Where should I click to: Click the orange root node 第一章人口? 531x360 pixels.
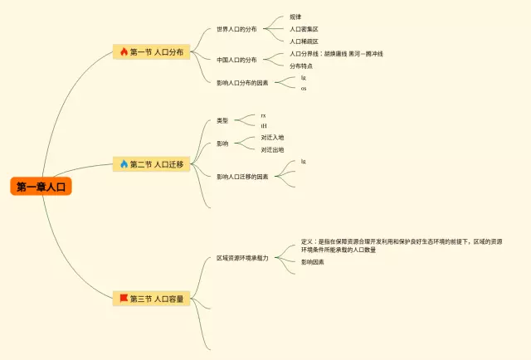41,187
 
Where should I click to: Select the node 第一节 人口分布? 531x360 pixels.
157,51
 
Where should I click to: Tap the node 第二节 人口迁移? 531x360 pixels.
157,164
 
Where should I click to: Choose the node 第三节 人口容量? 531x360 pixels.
157,298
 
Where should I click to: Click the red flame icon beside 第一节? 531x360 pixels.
124,51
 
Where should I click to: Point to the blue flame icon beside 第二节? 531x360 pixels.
124,164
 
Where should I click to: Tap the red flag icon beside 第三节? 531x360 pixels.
124,298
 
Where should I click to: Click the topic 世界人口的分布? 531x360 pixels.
236,29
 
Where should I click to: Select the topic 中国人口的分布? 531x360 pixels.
236,60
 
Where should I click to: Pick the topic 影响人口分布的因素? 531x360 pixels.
241,82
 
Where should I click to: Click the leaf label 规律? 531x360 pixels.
295,17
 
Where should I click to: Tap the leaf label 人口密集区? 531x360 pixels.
304,29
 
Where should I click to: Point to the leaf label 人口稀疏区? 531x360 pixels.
304,41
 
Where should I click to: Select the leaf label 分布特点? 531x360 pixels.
301,66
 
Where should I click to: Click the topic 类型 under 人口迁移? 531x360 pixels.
222,121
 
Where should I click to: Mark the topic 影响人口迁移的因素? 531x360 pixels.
241,177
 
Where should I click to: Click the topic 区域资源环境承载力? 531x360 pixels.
242,258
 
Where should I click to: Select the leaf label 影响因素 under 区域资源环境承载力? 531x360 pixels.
313,262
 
